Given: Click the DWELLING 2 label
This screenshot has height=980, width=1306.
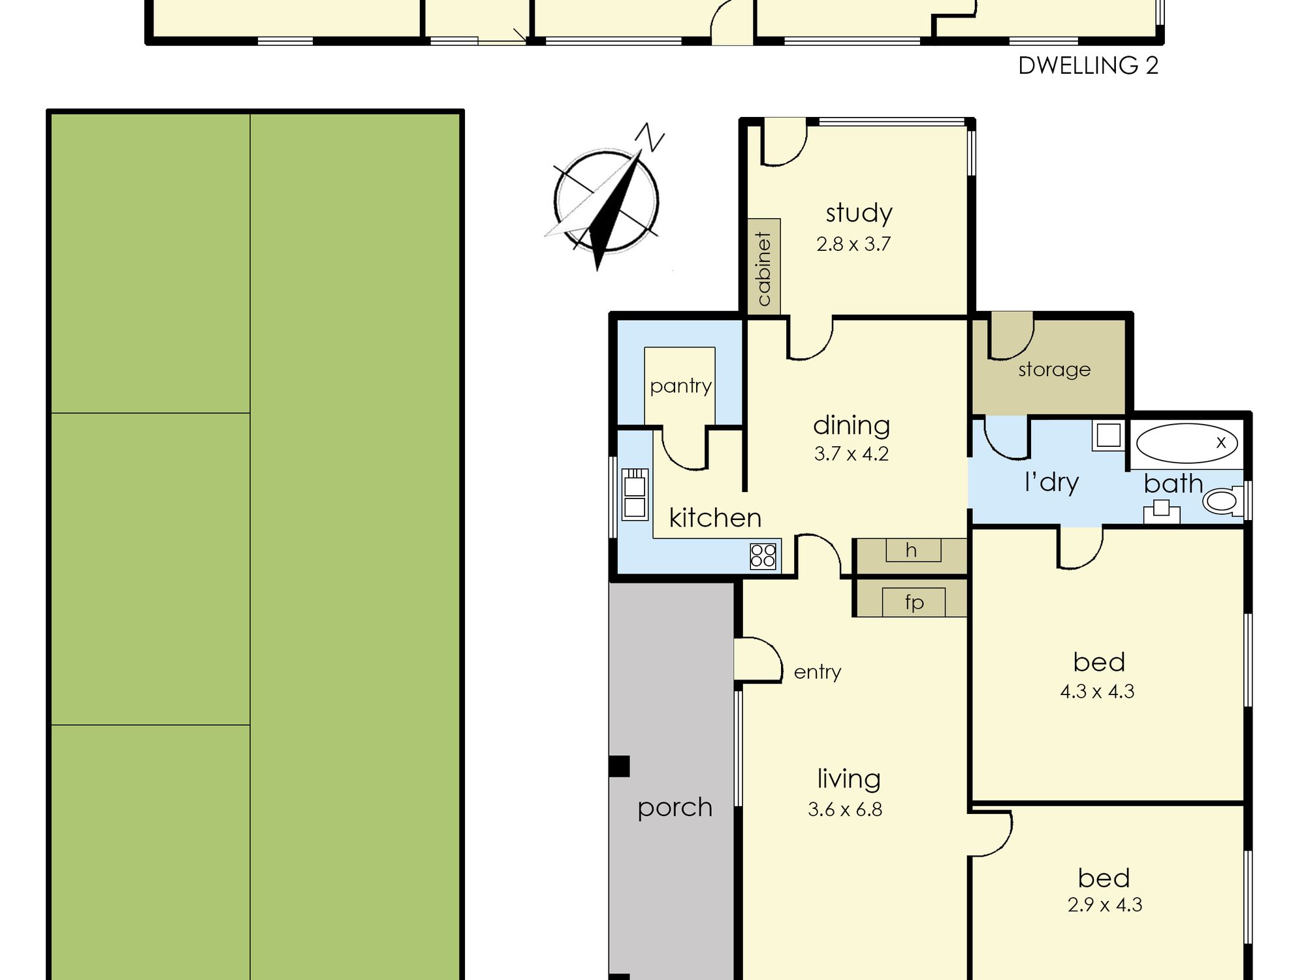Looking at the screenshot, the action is click(x=1088, y=66).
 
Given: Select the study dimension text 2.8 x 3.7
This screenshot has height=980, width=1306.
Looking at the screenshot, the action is click(x=853, y=244).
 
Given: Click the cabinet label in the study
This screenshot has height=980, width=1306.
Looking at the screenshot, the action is click(x=764, y=269).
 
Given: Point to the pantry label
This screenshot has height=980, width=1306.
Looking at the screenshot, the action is click(x=680, y=386).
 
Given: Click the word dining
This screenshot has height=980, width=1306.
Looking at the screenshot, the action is click(x=852, y=425).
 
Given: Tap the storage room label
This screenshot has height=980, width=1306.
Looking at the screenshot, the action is click(x=1054, y=370).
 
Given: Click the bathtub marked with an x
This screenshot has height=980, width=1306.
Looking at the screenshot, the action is click(x=1187, y=443).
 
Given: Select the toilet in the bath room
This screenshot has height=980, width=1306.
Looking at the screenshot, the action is click(x=1223, y=501).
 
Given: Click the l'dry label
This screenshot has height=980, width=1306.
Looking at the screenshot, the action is click(x=1051, y=482).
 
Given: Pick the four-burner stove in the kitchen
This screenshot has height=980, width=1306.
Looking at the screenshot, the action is click(x=763, y=556).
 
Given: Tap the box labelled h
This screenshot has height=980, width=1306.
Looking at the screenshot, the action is click(x=913, y=550).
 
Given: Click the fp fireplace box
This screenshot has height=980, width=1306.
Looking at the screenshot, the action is click(x=914, y=602).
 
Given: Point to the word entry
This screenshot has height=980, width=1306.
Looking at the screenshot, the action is click(x=817, y=672).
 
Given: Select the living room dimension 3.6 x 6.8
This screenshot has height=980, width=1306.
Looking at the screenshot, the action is click(x=845, y=809).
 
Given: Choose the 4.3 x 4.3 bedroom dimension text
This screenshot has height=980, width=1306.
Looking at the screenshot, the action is click(x=1097, y=691).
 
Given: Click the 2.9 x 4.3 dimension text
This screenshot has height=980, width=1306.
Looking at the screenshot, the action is click(x=1105, y=905).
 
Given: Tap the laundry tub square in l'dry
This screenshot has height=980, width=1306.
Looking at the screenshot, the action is click(x=1108, y=435).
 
